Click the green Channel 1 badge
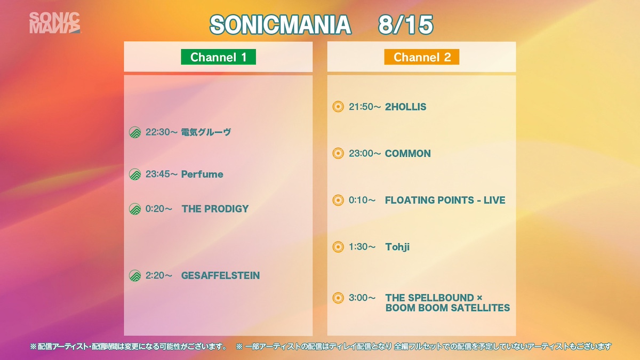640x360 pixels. pos(218,57)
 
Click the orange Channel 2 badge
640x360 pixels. pos(421,57)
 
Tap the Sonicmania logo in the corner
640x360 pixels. pos(54,23)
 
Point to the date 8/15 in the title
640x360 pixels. pos(405,25)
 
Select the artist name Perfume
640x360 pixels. pos(202,174)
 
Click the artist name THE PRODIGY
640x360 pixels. pos(215,209)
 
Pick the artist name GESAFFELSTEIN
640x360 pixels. pos(220,275)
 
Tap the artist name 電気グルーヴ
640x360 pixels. pos(206,132)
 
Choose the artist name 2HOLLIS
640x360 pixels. pos(405,107)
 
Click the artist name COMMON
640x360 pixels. pos(407,154)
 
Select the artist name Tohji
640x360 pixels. pos(397,247)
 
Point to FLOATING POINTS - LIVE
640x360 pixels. pos(445,200)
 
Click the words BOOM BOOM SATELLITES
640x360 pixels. pos(447,308)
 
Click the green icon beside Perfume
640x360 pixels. pos(135,174)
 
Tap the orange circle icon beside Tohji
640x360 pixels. pos(338,247)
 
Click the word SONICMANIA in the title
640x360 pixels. pos(281,25)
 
